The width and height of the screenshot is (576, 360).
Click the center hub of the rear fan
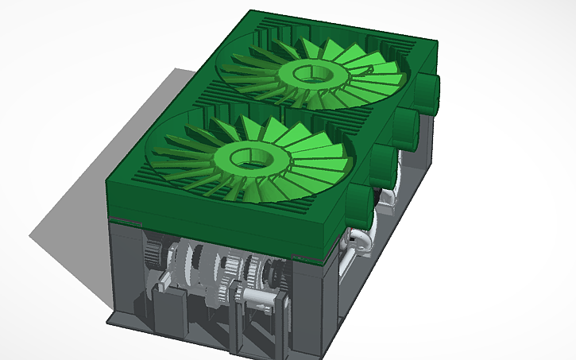pyautogui.click(x=312, y=73)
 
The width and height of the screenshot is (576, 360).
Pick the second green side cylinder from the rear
pyautogui.click(x=406, y=126)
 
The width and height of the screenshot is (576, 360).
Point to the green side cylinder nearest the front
pyautogui.click(x=359, y=202)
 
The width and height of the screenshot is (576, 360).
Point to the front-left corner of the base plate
pyautogui.click(x=111, y=319)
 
